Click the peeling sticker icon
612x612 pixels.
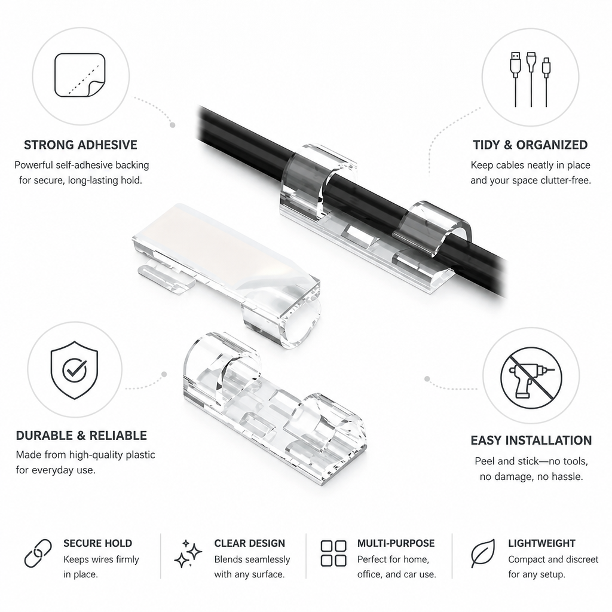[80, 75]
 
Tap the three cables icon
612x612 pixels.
[531, 79]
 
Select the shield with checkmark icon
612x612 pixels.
[74, 370]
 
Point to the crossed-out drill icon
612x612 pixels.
[531, 378]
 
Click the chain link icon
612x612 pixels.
[38, 553]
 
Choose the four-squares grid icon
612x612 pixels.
[333, 553]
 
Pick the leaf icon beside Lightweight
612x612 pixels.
[483, 553]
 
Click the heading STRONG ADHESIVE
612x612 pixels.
[81, 145]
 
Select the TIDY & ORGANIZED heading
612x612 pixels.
[531, 145]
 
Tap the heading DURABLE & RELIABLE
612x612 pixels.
[81, 436]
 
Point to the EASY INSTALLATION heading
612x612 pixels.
[531, 440]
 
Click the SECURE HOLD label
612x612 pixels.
[97, 543]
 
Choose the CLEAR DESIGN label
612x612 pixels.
[249, 543]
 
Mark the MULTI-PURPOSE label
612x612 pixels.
[396, 543]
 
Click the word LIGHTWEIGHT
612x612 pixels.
[541, 543]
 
